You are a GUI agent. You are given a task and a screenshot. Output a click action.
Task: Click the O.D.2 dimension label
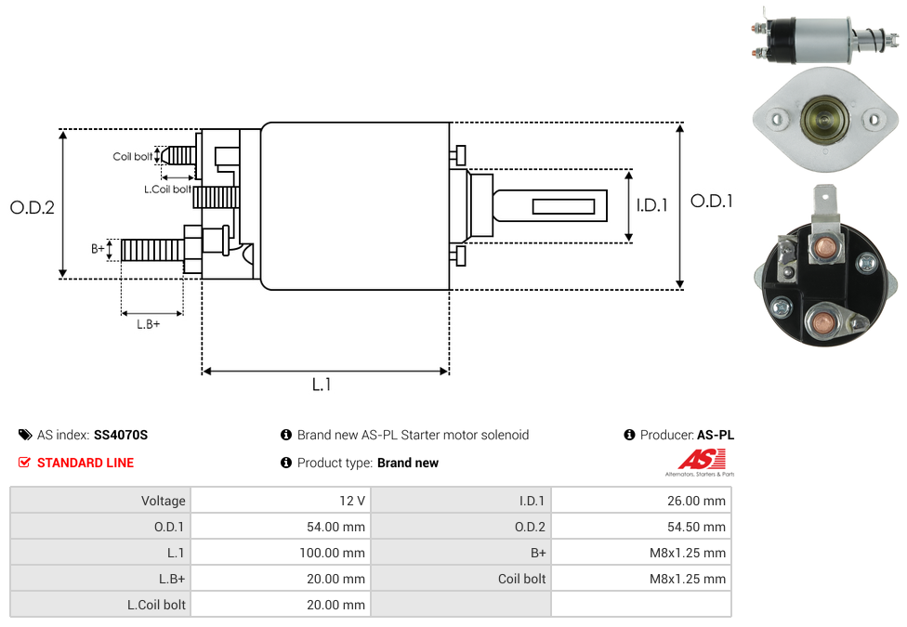[33, 207]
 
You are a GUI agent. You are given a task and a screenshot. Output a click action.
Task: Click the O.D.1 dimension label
[711, 201]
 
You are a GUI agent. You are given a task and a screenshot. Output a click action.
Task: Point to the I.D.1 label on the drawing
[652, 205]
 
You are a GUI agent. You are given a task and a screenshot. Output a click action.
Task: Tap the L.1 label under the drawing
[321, 384]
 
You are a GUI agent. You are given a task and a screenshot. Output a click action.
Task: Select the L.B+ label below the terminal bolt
[149, 324]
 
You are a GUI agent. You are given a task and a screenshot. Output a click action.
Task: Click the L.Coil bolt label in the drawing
[167, 189]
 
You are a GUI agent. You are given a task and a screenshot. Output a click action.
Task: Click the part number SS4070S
[121, 435]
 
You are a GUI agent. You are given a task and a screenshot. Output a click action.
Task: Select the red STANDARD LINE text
[85, 463]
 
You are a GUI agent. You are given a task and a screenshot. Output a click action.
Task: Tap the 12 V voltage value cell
[352, 501]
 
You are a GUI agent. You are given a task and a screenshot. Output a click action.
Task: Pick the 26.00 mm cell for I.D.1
[696, 501]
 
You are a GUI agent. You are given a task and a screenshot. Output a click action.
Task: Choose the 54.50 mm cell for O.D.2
[696, 527]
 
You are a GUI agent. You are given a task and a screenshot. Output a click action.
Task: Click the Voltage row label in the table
[164, 501]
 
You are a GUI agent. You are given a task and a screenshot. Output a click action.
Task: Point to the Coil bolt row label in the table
[521, 579]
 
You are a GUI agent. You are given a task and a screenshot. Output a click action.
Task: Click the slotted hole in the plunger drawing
[563, 205]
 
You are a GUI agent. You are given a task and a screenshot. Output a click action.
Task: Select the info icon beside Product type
[286, 463]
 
